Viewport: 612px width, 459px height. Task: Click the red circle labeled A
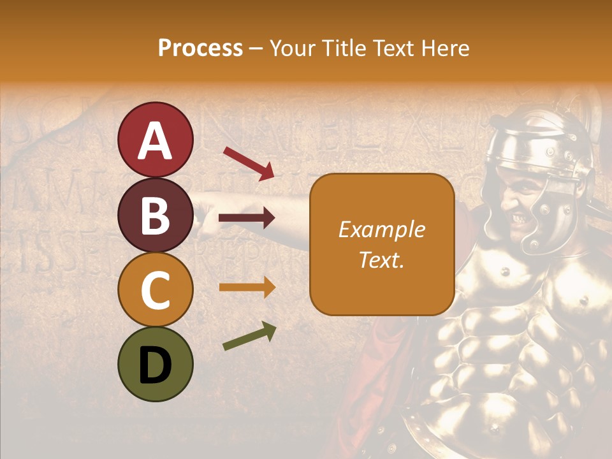155,140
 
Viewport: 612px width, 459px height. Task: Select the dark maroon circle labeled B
155,215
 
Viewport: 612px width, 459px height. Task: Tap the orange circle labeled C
155,290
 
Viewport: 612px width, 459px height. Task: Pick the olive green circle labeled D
155,365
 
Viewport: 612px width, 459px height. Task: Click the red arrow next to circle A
249,163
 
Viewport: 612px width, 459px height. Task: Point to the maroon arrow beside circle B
247,218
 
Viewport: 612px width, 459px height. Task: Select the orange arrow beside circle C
247,287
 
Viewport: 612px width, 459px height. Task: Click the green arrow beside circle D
249,336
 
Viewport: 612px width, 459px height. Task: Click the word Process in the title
200,48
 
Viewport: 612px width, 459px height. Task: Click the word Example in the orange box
381,229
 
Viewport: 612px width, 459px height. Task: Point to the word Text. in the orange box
381,259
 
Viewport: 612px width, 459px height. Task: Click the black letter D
155,365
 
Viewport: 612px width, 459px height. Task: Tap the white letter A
155,140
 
